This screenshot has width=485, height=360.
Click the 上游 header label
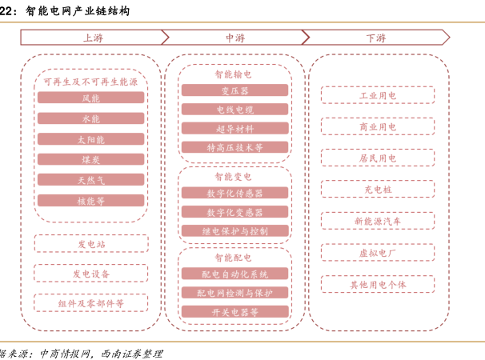[93, 38]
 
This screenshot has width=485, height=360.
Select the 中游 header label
[235, 38]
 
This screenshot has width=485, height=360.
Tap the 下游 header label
[376, 38]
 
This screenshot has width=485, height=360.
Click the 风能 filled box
[91, 98]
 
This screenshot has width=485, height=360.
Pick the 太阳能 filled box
[91, 139]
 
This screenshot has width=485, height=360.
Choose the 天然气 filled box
[91, 180]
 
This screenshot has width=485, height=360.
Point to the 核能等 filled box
[91, 201]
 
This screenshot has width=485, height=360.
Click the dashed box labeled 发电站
[91, 244]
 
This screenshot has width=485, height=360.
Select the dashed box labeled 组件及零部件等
[91, 302]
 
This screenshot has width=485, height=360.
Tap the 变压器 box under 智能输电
[234, 90]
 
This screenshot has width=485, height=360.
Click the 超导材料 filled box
[234, 128]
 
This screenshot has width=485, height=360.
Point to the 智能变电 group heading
[233, 177]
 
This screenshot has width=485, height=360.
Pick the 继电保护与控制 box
[234, 230]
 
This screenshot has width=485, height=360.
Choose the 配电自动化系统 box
[234, 274]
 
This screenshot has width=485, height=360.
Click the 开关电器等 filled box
[234, 312]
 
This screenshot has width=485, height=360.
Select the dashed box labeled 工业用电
[378, 95]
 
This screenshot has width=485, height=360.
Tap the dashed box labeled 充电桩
[378, 189]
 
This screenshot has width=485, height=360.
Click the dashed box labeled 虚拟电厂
[378, 253]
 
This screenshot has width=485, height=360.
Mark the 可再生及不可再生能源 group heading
[90, 82]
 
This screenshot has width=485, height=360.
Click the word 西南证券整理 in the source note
[132, 354]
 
